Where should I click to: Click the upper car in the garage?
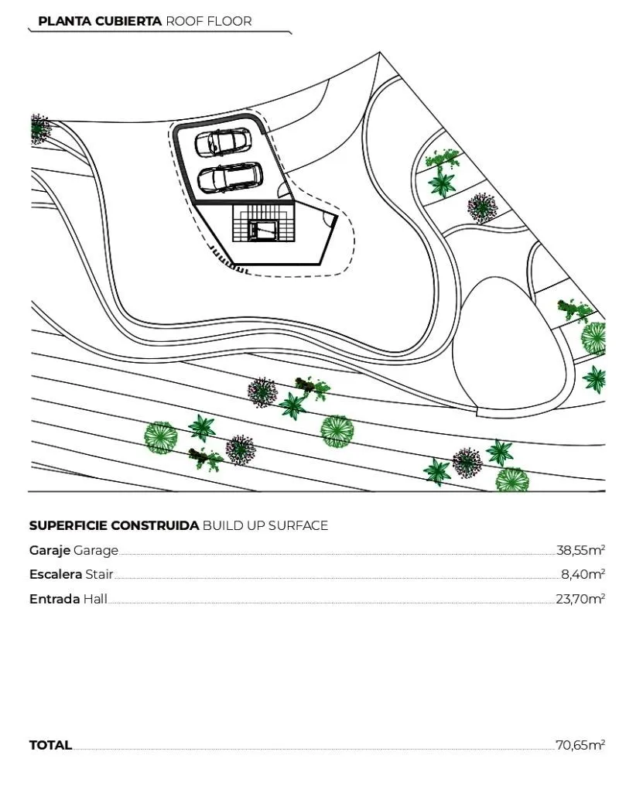tap(222, 142)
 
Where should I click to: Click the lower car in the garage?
tap(230, 177)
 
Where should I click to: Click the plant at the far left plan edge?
tap(39, 129)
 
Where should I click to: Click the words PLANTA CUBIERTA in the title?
tap(100, 21)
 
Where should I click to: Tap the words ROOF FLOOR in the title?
tap(209, 21)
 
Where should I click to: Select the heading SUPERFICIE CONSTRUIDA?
tap(114, 525)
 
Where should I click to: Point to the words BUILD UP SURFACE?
tap(265, 525)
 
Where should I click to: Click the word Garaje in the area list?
tap(50, 550)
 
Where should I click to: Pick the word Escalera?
tap(56, 575)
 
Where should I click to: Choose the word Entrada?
tap(55, 599)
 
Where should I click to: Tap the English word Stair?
tap(99, 575)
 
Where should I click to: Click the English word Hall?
tap(95, 599)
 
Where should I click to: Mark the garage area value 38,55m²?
tap(580, 550)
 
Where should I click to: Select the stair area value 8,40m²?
tap(583, 574)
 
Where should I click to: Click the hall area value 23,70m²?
tap(580, 599)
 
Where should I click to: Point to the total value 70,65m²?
tap(580, 745)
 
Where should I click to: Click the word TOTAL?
tap(50, 745)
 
